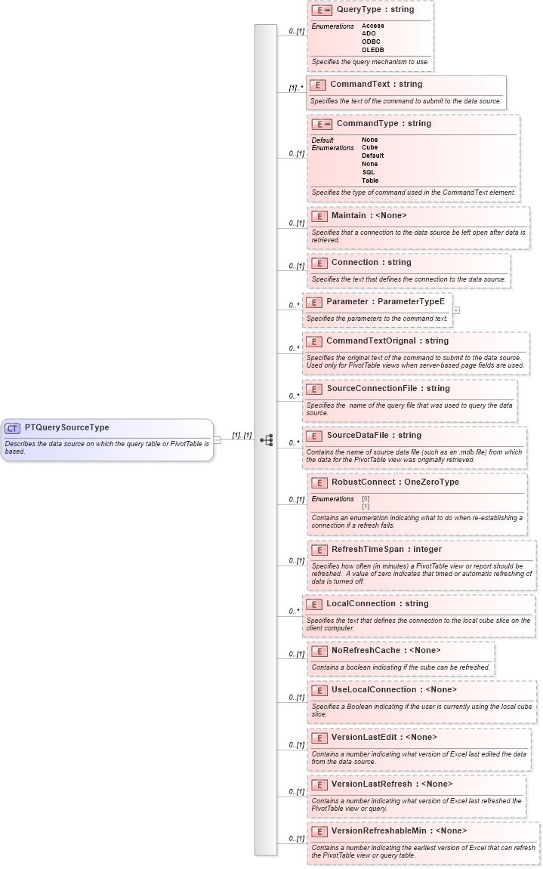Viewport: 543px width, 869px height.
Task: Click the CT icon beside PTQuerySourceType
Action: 13,427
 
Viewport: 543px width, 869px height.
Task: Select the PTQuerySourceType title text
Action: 66,427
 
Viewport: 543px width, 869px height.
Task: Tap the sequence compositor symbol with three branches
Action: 266,439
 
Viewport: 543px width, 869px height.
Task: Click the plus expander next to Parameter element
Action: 456,310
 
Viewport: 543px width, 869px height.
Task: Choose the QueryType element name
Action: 359,10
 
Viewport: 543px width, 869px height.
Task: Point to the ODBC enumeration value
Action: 371,42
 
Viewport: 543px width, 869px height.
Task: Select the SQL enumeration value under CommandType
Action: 369,172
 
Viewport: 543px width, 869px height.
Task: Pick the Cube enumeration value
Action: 369,147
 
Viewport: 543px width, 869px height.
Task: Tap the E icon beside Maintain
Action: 319,216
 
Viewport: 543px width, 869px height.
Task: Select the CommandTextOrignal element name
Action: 371,341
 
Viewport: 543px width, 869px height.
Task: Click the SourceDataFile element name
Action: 357,435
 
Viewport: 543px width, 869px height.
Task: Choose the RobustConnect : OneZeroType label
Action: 395,482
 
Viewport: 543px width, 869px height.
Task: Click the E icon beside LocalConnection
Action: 313,604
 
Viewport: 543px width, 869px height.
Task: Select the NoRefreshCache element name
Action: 366,650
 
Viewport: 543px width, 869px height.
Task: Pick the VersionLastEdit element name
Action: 366,737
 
